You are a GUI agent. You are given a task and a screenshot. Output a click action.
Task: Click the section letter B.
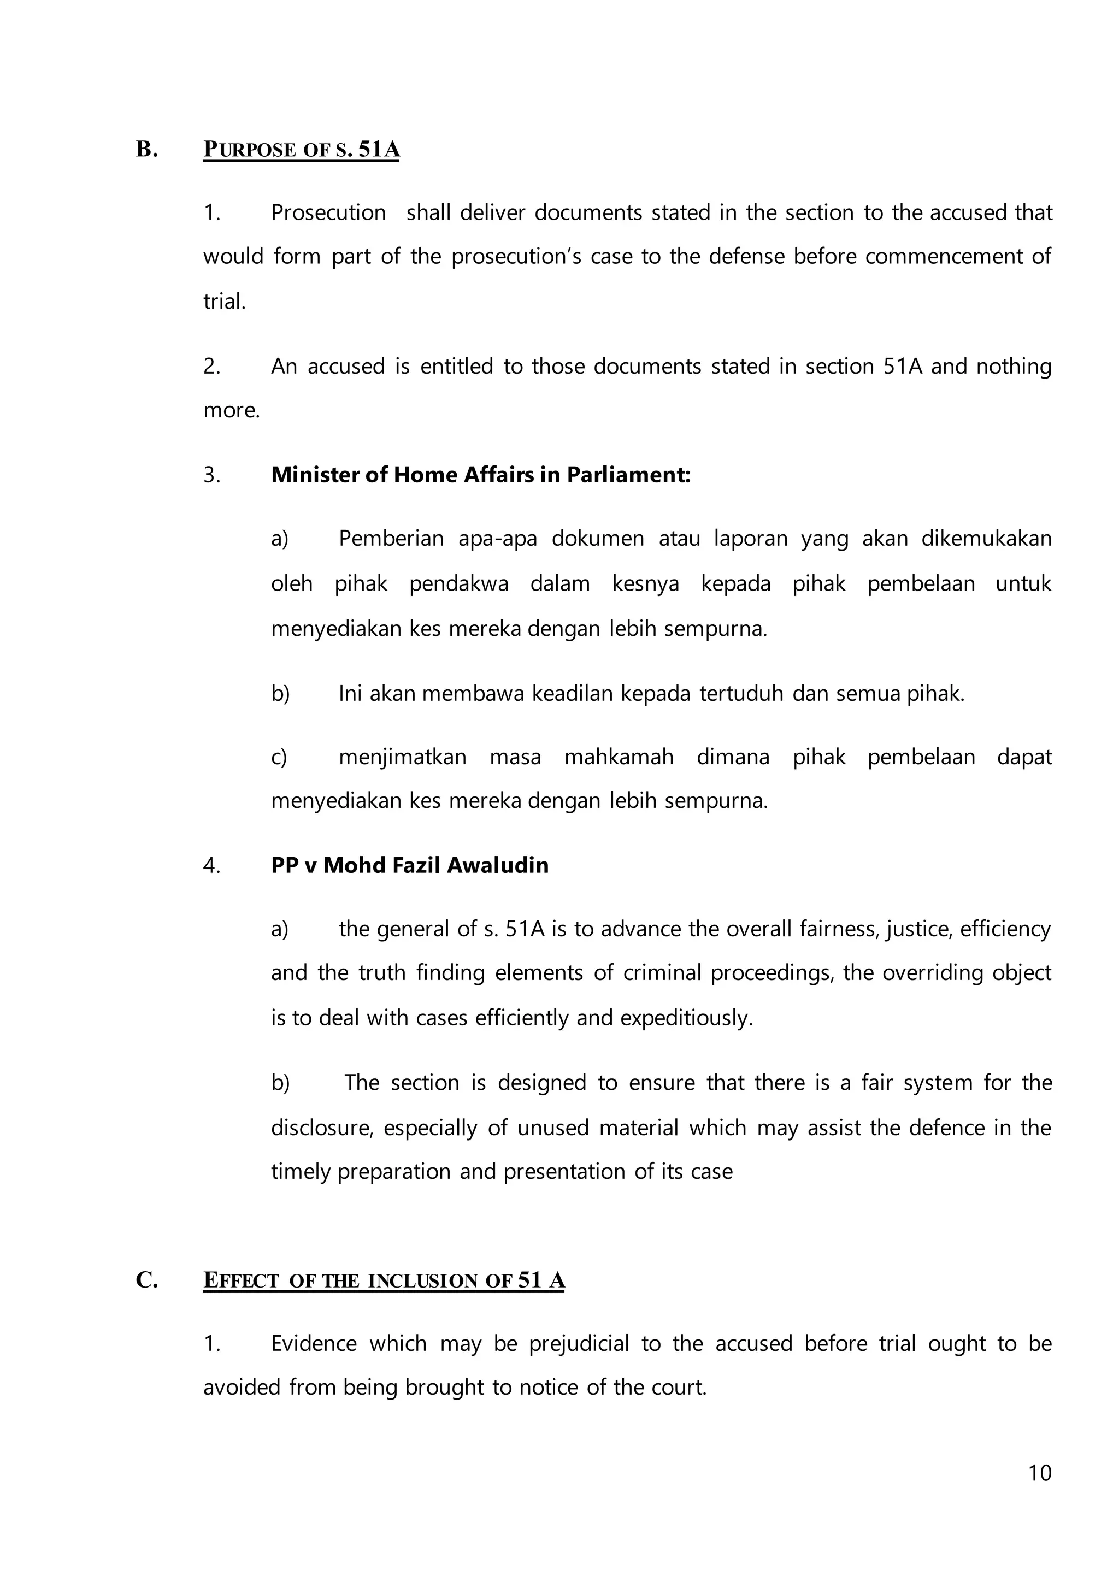tap(147, 149)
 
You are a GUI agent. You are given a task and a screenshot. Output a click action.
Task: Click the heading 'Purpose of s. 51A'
tap(301, 150)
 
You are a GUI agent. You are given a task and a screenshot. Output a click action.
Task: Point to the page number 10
tap(1040, 1473)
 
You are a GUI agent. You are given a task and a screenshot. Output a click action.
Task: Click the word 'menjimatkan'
tap(402, 757)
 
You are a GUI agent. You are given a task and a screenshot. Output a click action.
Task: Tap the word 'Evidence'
tap(314, 1344)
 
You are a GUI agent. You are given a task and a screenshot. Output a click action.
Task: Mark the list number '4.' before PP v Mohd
tap(211, 865)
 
